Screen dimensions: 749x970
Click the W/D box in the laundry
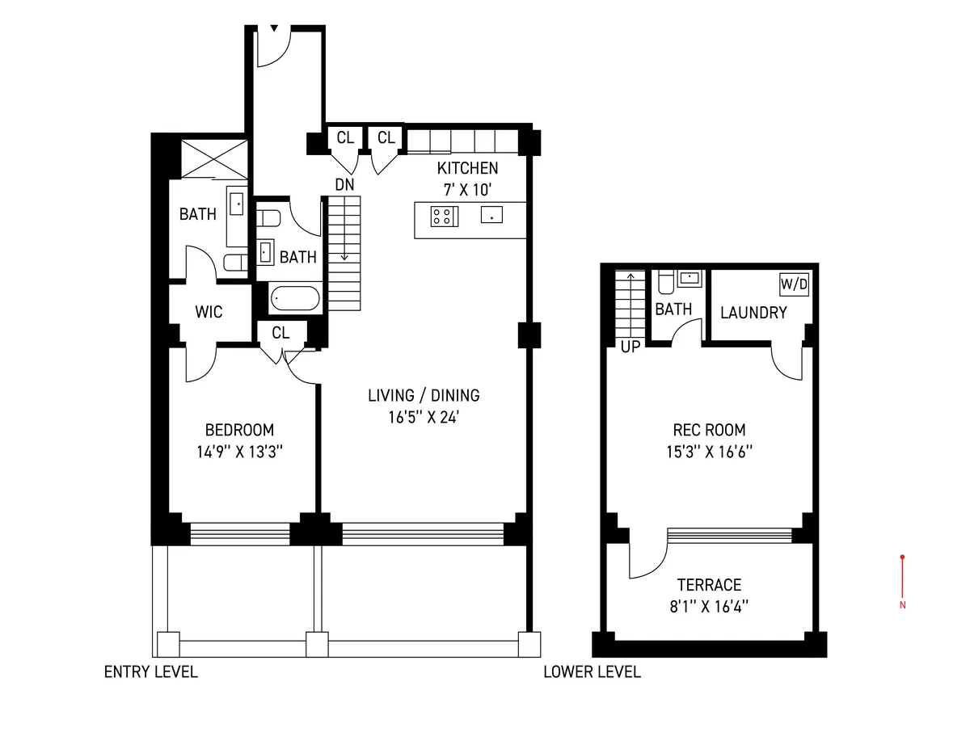point(794,284)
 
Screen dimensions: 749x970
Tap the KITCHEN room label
point(467,168)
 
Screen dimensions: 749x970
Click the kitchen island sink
point(491,215)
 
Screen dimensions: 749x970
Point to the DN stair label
point(344,185)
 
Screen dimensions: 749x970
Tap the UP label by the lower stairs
point(630,348)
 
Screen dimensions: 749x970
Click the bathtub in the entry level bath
point(294,298)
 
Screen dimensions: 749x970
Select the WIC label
point(209,312)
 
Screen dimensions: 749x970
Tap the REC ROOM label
point(709,430)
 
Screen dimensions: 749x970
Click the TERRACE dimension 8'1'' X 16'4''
point(709,607)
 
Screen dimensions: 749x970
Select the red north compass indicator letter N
point(902,605)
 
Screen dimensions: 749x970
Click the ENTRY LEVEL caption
point(150,672)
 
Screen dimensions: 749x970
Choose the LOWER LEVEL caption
point(592,672)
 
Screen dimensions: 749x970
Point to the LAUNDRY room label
point(753,313)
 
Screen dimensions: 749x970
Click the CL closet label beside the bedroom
point(280,332)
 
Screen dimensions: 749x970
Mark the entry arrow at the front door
point(274,29)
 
